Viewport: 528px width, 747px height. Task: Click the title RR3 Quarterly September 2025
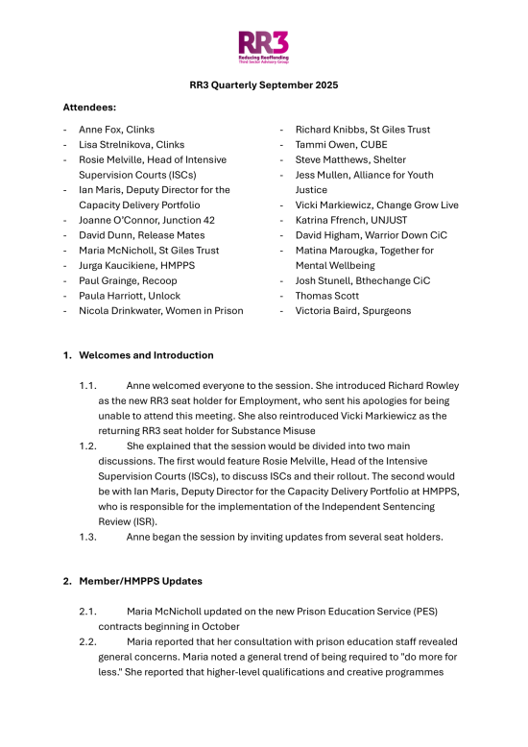(x=263, y=84)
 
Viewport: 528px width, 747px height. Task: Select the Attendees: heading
(x=93, y=108)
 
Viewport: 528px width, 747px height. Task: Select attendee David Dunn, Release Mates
(x=135, y=235)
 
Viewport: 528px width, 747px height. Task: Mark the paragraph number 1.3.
(x=88, y=537)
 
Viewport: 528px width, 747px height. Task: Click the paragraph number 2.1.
(x=88, y=612)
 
